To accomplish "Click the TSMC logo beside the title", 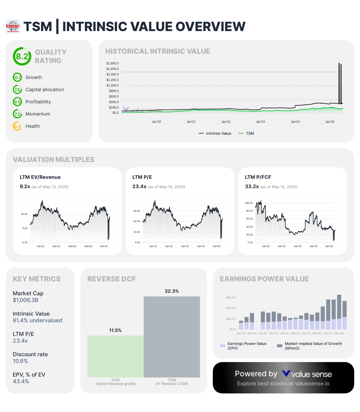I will point(13,26).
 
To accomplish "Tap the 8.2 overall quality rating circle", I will point(22,56).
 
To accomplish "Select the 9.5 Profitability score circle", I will point(17,102).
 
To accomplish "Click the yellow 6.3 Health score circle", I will point(17,126).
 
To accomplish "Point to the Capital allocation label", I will point(45,90).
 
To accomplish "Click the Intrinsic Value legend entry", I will point(215,134).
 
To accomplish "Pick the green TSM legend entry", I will point(246,134).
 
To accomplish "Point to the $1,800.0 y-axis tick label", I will point(113,63).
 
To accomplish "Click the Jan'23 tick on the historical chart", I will point(260,122).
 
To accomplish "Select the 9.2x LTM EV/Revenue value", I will point(25,186).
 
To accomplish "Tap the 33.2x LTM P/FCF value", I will point(252,186).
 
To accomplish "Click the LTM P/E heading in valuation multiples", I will point(142,177).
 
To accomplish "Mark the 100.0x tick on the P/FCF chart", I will point(249,203).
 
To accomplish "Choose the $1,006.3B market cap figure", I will point(26,300).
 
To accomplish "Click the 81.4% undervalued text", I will point(37,321).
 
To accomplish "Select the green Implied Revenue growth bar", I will point(116,357).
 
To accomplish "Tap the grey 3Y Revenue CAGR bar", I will point(172,337).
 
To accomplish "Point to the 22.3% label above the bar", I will point(172,291).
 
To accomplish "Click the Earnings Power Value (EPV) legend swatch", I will point(223,346).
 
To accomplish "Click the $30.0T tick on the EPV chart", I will point(231,298).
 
